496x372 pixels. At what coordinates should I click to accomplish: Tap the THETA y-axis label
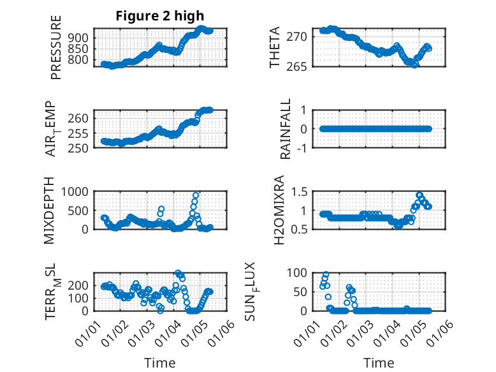pyautogui.click(x=275, y=48)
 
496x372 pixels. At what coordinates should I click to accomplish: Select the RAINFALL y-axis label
pyautogui.click(x=286, y=129)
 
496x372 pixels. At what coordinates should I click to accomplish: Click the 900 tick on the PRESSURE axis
pyautogui.click(x=80, y=38)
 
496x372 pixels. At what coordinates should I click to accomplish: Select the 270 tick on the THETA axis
pyautogui.click(x=302, y=36)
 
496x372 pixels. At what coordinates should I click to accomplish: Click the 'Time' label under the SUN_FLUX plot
pyautogui.click(x=379, y=363)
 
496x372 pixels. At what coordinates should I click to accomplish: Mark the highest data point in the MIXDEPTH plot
pyautogui.click(x=196, y=195)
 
